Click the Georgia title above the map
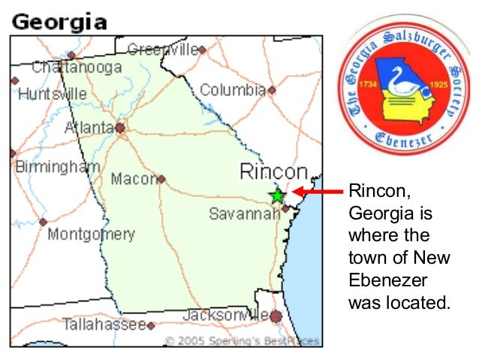coord(59,21)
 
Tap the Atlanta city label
coord(89,129)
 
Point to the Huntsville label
coord(52,95)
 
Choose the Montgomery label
coord(91,234)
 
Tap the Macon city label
coord(133,180)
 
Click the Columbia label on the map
coord(233,91)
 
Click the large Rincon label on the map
coord(273,172)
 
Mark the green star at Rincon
coord(277,196)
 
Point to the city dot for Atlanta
coord(120,128)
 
